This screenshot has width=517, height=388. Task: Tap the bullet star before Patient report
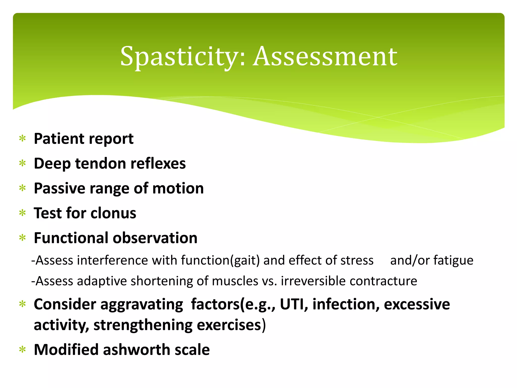pos(23,139)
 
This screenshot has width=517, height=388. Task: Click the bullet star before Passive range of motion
pos(23,188)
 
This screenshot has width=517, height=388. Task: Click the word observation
pos(155,238)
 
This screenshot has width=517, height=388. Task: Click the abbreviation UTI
pos(293,304)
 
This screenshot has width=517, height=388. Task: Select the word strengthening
pos(143,325)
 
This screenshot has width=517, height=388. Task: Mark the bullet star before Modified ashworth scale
pos(23,350)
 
